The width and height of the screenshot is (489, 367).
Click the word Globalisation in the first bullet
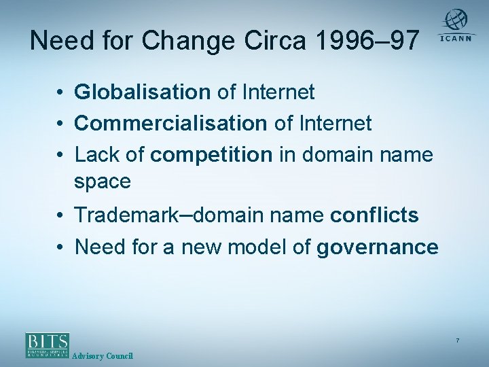(143, 92)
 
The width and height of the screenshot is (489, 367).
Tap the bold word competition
(211, 154)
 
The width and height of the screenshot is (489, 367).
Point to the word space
(103, 181)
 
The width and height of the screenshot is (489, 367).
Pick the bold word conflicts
(374, 215)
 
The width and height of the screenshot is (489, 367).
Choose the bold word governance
(377, 247)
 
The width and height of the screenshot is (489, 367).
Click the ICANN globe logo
(456, 21)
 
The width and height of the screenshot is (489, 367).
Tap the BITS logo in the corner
(47, 345)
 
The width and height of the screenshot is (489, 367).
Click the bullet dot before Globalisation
(61, 92)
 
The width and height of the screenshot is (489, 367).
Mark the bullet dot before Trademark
(61, 216)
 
